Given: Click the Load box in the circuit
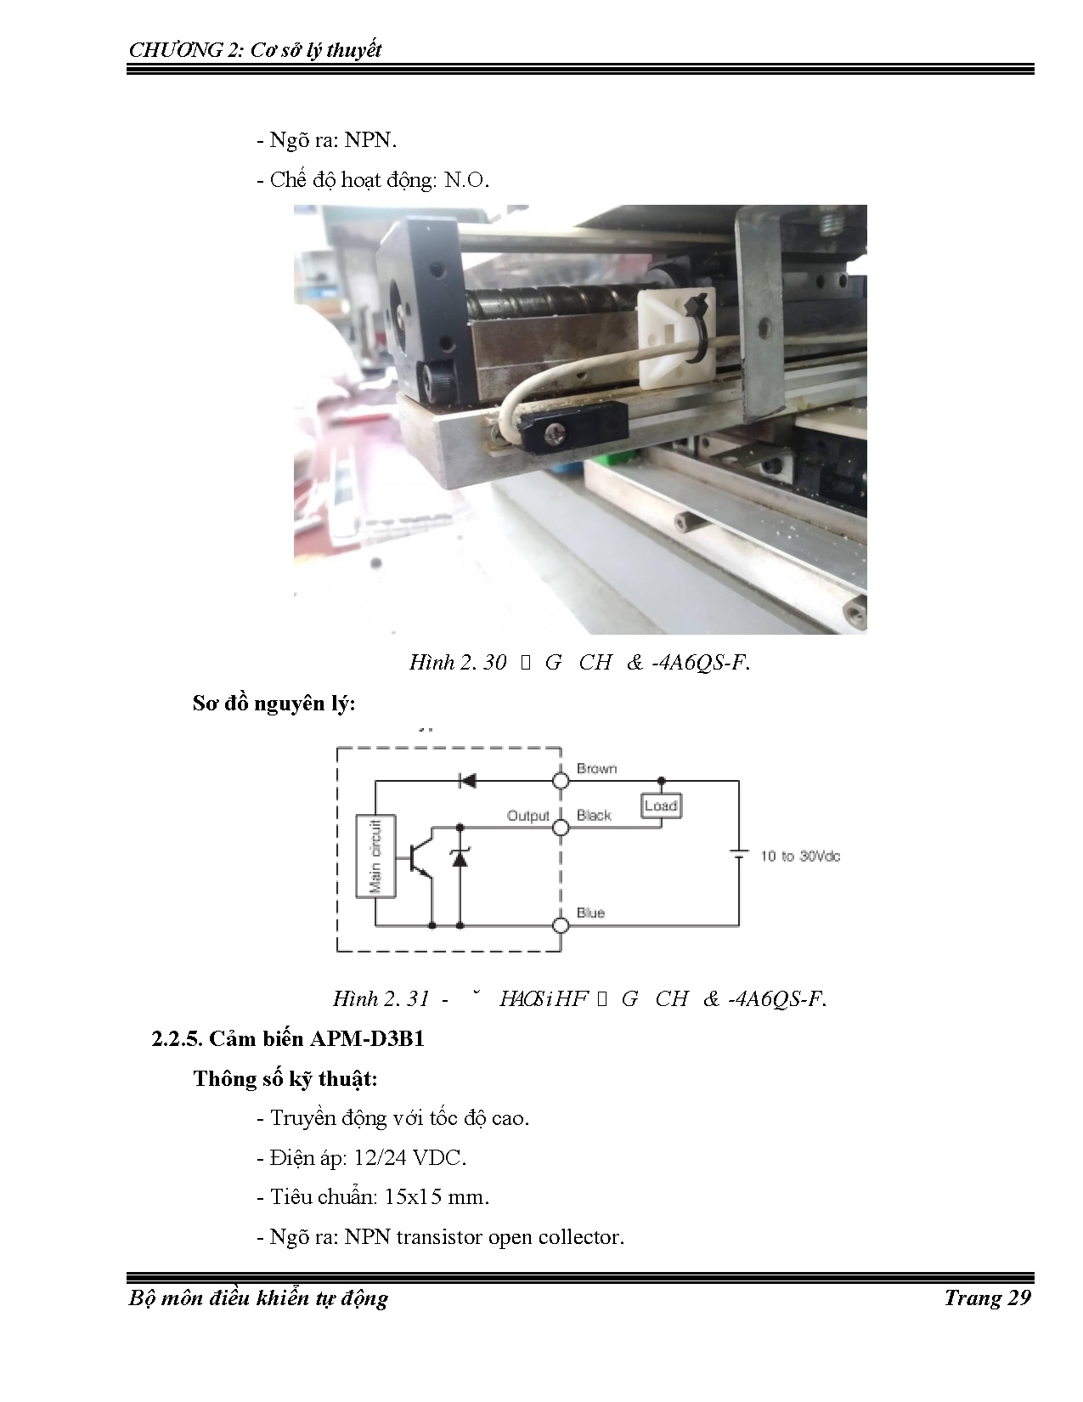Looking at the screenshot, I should pyautogui.click(x=661, y=805).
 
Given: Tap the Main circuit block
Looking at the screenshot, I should pyautogui.click(x=375, y=856).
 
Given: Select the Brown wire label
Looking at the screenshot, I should pyautogui.click(x=596, y=768).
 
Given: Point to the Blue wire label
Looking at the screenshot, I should pyautogui.click(x=590, y=913).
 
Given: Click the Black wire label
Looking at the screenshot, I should pyautogui.click(x=594, y=815).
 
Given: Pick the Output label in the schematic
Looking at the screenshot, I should pyautogui.click(x=528, y=816).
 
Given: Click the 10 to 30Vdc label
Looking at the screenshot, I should pyautogui.click(x=799, y=856).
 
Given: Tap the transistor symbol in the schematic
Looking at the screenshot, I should pyautogui.click(x=420, y=858).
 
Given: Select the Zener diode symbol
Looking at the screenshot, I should pyautogui.click(x=460, y=857).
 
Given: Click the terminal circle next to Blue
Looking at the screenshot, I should pyautogui.click(x=561, y=925).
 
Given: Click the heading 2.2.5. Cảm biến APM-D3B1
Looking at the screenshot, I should pyautogui.click(x=288, y=1038).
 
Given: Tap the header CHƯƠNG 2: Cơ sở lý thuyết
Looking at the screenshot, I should pyautogui.click(x=255, y=50).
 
